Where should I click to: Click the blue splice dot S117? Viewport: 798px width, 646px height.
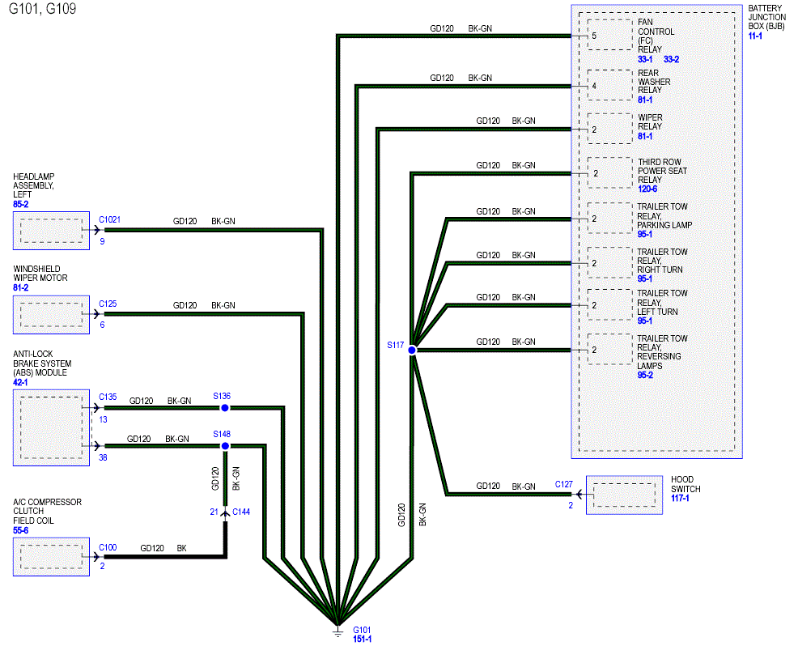(x=412, y=350)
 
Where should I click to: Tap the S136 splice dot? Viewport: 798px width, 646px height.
(x=225, y=408)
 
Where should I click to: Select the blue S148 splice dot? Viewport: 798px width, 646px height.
(x=225, y=446)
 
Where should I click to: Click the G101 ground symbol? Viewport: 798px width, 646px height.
(x=337, y=631)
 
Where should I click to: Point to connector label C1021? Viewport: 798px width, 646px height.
(x=109, y=219)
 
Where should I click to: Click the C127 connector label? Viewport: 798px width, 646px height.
(x=564, y=484)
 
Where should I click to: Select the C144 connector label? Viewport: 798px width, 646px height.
(x=241, y=512)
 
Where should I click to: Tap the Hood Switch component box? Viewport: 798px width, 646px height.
(x=624, y=495)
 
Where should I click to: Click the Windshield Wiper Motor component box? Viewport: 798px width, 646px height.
(x=52, y=315)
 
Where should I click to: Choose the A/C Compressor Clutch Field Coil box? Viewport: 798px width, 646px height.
(x=52, y=557)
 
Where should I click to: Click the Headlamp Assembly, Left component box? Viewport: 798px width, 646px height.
(x=52, y=231)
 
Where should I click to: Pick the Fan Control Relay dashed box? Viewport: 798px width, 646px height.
(x=609, y=35)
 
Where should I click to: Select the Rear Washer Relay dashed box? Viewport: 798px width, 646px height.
(x=609, y=85)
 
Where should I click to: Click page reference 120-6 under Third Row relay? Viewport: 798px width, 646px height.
(x=647, y=189)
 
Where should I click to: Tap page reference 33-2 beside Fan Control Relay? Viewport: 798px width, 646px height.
(x=671, y=59)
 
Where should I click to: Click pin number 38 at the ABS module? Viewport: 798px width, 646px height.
(x=103, y=457)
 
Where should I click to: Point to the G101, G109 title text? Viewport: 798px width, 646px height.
(x=43, y=9)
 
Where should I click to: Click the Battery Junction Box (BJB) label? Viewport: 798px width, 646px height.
(x=766, y=17)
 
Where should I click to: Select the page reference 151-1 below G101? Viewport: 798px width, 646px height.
(x=363, y=639)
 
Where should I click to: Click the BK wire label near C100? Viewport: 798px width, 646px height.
(x=181, y=548)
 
